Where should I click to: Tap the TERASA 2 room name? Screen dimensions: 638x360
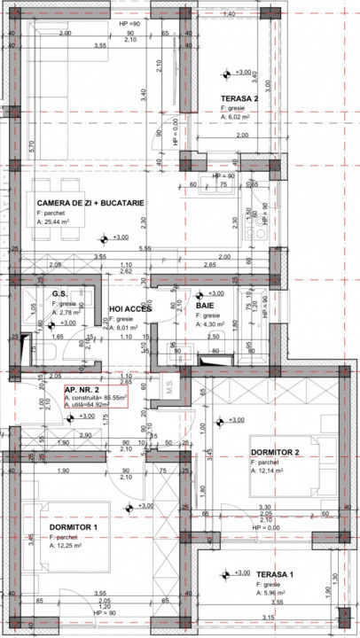click(239, 98)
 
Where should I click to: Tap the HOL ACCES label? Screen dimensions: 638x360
click(129, 309)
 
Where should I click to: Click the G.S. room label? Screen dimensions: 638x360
click(60, 294)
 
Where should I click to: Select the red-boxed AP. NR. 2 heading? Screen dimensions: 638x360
click(82, 389)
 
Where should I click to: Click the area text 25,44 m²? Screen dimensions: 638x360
click(58, 223)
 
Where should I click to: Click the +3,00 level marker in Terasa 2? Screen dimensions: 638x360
click(243, 73)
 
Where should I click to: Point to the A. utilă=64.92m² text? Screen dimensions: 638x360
click(93, 406)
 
